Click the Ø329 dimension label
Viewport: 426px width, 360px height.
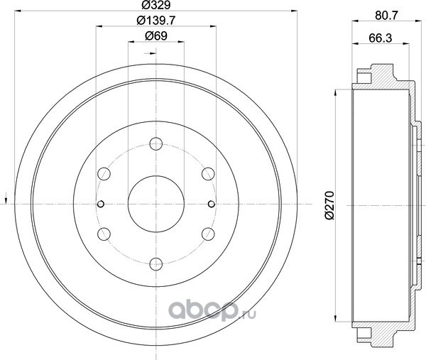[x=156, y=5]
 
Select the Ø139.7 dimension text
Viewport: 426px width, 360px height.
[x=156, y=21]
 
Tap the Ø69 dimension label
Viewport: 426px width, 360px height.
[x=156, y=36]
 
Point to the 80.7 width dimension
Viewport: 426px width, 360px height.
[x=386, y=16]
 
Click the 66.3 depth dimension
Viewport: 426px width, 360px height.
[x=381, y=38]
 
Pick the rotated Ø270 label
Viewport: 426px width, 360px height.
[x=329, y=205]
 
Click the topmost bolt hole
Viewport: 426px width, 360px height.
[x=156, y=143]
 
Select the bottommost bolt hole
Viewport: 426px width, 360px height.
[x=156, y=264]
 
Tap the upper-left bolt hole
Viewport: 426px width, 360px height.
[x=104, y=174]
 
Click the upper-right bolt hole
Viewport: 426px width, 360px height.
[x=208, y=174]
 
